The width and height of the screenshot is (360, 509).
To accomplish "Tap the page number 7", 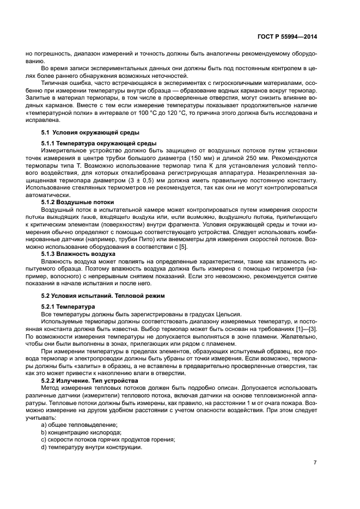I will pyautogui.click(x=315, y=462).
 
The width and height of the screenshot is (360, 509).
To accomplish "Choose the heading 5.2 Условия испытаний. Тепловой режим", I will pyautogui.click(x=100, y=295).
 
